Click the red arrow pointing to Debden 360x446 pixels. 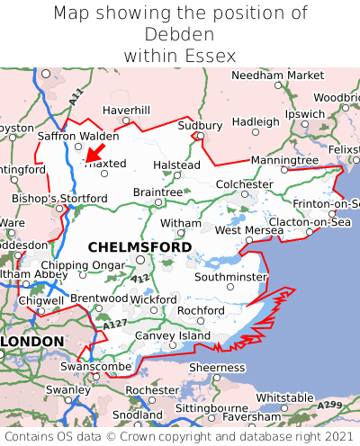94,152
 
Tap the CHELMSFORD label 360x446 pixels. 139,246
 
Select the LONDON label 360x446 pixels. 32,342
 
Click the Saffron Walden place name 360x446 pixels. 78,137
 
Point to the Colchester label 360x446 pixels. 244,184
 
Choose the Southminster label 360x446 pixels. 230,277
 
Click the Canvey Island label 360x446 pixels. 172,335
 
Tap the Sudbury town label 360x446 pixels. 198,125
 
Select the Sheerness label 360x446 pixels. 215,367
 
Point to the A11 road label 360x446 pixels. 75,94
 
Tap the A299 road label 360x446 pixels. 330,406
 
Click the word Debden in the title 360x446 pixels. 180,35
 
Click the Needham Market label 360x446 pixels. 277,76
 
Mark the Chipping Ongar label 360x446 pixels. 83,265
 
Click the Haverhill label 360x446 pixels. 126,111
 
